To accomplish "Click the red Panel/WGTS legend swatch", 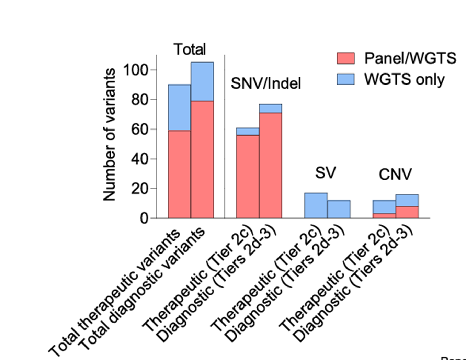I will pos(345,58).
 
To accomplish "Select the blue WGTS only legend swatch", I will pos(345,79).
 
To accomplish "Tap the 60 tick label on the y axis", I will pos(139,130).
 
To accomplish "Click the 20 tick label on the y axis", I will pos(139,189).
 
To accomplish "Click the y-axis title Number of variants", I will pos(109,135).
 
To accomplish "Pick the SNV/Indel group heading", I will pos(266,83).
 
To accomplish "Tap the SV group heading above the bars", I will pos(325,173).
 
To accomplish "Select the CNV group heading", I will pos(395,175).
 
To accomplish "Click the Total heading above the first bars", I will pos(190,49).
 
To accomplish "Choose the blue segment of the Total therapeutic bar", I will pos(179,108).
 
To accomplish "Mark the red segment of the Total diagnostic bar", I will pos(202,159).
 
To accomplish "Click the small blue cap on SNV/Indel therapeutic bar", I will pos(248,132).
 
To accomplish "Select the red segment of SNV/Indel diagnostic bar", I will pos(271,165).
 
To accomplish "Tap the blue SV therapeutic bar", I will pos(316,205).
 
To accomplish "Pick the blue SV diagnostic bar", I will pos(339,209).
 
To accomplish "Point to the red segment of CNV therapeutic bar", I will pos(384,216).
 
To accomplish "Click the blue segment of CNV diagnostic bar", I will pos(407,201).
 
